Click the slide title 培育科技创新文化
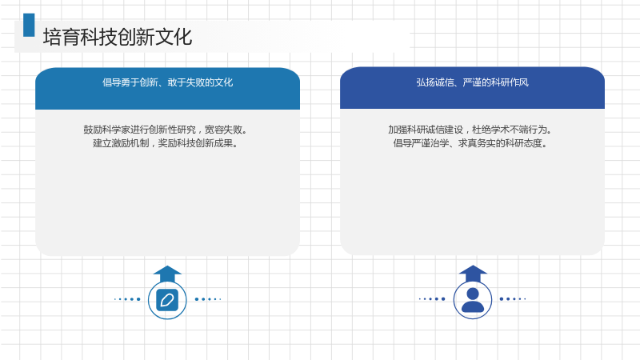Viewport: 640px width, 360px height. (x=118, y=37)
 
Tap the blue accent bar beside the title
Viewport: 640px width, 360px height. (x=29, y=25)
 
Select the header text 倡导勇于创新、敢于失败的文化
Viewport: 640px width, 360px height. (x=167, y=82)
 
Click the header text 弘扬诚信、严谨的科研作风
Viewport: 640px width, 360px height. (x=472, y=82)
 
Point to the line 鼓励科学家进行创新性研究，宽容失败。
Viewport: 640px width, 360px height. (x=166, y=130)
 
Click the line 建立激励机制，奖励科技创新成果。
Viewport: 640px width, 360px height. (x=166, y=143)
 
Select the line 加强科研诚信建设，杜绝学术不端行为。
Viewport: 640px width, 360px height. (x=470, y=130)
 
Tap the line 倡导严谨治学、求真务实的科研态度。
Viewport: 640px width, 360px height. (x=470, y=143)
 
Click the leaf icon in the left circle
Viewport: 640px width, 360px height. (x=167, y=300)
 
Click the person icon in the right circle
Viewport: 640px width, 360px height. (x=473, y=300)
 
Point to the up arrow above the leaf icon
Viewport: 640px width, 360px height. (x=167, y=274)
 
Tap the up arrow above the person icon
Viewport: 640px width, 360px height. (x=473, y=274)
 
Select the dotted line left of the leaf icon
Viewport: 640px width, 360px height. (x=127, y=299)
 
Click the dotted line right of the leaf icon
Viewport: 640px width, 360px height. (x=208, y=299)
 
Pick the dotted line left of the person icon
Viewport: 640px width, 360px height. (x=432, y=298)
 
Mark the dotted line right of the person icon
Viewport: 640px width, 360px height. (x=513, y=298)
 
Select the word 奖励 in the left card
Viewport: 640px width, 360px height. (x=167, y=143)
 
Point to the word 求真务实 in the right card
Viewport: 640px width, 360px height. (x=477, y=143)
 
